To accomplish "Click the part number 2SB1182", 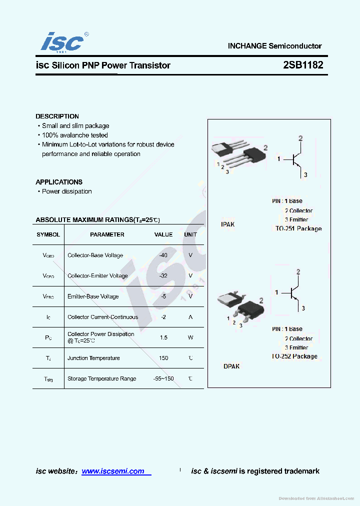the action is click(302, 65).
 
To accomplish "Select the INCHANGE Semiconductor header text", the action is click(274, 46).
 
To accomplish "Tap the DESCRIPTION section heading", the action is click(57, 116).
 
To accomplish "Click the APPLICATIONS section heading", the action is click(59, 182).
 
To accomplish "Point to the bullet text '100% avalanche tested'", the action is click(74, 135).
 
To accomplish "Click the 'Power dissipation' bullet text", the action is click(66, 191).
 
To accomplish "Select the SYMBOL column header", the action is click(48, 234).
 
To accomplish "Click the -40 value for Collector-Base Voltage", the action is click(163, 255).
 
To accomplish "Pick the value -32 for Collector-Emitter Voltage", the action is click(163, 275).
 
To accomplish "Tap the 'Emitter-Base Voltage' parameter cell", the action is click(93, 296).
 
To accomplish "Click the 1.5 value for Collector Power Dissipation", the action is click(163, 337).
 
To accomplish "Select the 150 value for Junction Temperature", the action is click(163, 358).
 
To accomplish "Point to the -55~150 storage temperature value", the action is click(163, 378).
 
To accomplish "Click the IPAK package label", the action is click(227, 224).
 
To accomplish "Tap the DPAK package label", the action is click(231, 366).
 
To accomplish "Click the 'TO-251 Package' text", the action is click(298, 228).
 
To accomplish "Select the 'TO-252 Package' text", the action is click(294, 356).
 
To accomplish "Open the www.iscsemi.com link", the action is click(113, 471).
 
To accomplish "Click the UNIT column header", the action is click(190, 234).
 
